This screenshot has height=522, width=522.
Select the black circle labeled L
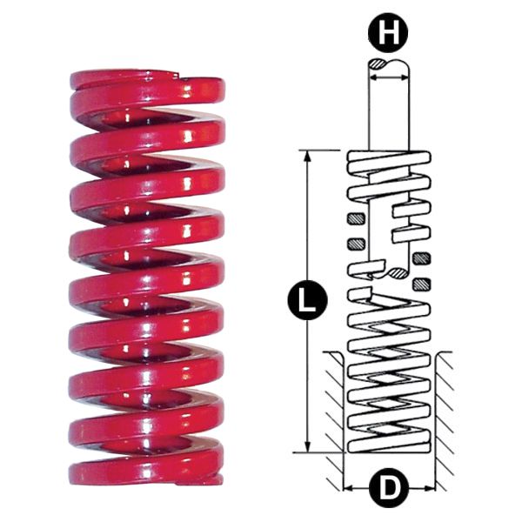click(x=307, y=301)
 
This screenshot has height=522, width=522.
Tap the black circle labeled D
click(x=388, y=488)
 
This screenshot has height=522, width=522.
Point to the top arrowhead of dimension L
click(x=307, y=155)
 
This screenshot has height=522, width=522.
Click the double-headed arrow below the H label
click(x=388, y=77)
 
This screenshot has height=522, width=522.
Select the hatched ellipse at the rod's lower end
click(x=398, y=273)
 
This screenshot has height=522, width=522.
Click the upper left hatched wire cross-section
click(x=355, y=217)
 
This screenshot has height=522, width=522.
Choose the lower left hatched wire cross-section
click(x=355, y=242)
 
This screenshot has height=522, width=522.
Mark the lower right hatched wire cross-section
click(x=423, y=283)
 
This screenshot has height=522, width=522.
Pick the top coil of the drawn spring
click(x=388, y=161)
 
